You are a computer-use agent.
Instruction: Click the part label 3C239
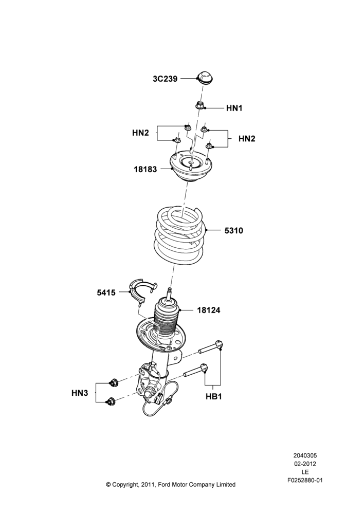point(165,79)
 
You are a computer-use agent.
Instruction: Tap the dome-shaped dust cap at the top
point(205,78)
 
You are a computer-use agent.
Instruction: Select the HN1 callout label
point(234,108)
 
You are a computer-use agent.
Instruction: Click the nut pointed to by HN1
point(199,105)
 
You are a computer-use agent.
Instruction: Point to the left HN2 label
point(140,133)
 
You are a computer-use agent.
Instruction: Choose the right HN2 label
point(247,139)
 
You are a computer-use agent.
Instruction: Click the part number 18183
point(145,170)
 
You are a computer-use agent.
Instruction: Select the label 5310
point(234,231)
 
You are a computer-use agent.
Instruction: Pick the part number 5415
point(106,292)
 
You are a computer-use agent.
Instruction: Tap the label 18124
point(209,310)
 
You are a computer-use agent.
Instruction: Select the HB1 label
point(214,396)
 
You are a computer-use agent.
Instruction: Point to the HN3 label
point(80,393)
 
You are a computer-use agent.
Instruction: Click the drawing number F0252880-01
point(305,480)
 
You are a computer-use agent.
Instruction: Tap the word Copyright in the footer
point(125,485)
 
